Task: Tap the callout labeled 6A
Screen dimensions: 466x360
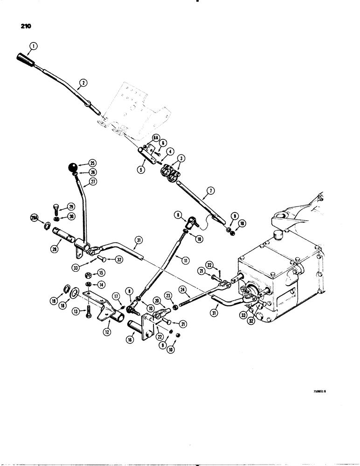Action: [x=155, y=137]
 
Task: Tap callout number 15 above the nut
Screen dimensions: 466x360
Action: [x=100, y=273]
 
